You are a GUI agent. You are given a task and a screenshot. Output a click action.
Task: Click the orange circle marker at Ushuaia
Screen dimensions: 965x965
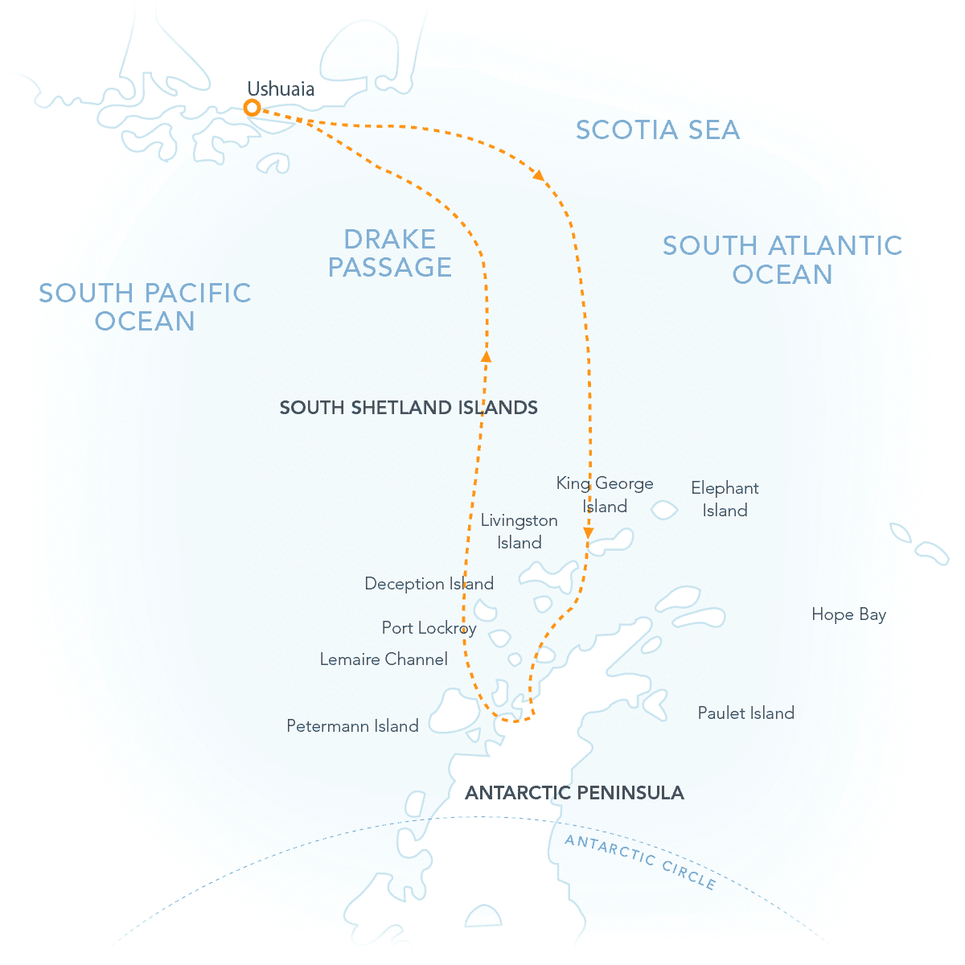click(252, 108)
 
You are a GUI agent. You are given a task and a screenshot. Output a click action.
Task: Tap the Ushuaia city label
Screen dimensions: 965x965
click(281, 89)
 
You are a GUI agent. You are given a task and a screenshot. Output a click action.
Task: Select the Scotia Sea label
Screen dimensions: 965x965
click(658, 130)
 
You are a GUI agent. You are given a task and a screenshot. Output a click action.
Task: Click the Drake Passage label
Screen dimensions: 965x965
click(390, 253)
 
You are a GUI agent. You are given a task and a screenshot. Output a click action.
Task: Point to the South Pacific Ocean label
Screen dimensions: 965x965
click(146, 306)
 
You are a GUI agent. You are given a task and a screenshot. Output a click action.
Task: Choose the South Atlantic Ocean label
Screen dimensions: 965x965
click(782, 260)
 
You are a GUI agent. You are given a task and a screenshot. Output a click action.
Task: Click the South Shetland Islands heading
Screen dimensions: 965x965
click(409, 408)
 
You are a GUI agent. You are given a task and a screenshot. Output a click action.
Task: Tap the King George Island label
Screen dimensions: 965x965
click(605, 495)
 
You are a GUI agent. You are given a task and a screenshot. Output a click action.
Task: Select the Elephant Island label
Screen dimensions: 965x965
click(725, 499)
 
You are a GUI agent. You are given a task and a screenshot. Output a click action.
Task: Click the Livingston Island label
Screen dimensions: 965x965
click(519, 531)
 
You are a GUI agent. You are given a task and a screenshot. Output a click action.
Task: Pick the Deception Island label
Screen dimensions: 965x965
click(429, 584)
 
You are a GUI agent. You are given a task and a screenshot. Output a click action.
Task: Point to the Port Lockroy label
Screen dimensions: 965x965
click(429, 628)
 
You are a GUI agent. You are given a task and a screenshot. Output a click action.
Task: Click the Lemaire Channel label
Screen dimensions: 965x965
click(384, 659)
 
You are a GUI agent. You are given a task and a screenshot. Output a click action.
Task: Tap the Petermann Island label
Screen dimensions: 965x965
click(352, 726)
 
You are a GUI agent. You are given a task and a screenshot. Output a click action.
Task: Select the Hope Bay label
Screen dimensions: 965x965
click(848, 614)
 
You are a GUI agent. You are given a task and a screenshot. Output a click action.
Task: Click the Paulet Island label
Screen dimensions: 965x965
click(745, 713)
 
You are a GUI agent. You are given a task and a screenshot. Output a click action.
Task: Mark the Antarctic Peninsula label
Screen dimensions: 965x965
click(574, 793)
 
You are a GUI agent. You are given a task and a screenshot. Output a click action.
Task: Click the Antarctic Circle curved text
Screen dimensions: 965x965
click(640, 861)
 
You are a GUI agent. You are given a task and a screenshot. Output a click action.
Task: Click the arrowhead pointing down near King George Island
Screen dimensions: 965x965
click(589, 533)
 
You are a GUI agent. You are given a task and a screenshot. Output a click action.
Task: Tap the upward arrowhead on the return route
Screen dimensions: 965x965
click(486, 355)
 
